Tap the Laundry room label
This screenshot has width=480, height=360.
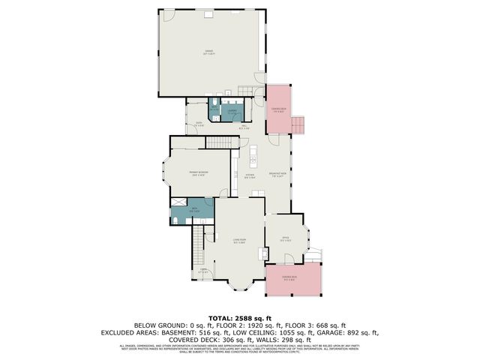click(232, 112)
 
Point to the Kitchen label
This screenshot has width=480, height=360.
click(250, 177)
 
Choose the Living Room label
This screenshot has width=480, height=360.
click(239, 241)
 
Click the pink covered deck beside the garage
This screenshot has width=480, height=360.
click(280, 110)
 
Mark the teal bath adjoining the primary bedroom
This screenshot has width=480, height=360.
click(193, 211)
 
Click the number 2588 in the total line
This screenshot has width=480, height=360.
click(241, 317)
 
